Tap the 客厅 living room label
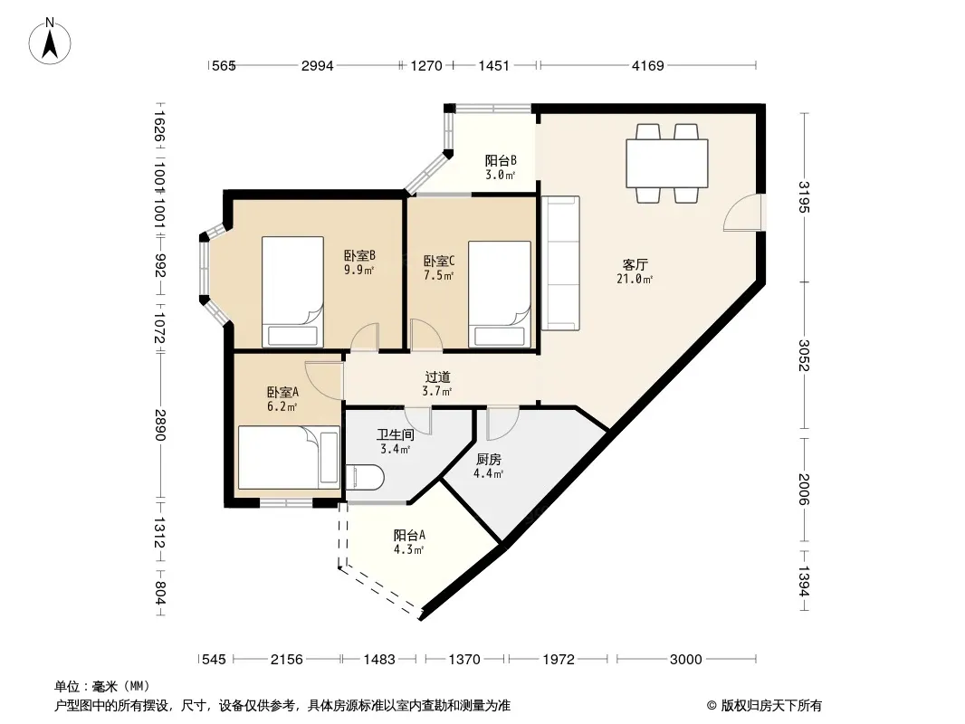635,265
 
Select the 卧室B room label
359,255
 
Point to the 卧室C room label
439,262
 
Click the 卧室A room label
282,393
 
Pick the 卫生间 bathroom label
395,435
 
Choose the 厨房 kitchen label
489,460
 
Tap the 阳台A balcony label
409,535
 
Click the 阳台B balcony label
501,160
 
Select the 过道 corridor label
437,377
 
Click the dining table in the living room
667,164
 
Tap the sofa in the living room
560,263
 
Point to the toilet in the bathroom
365,478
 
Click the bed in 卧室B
293,292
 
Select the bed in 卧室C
500,295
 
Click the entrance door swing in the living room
743,213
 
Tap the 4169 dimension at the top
648,66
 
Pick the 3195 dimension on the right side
804,197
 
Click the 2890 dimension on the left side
159,425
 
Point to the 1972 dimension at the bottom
559,660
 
